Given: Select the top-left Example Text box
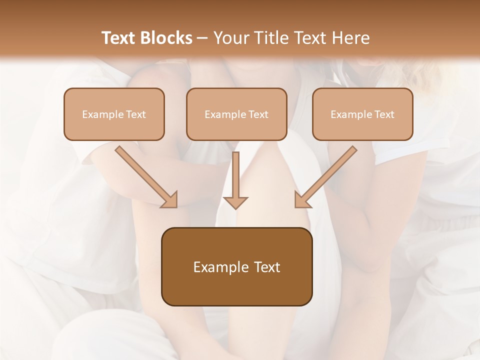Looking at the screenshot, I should click(114, 114).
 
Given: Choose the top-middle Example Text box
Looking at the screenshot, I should click(236, 114).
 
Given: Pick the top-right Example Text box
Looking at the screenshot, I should click(362, 114).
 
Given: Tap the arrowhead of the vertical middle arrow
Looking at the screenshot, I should click(235, 202).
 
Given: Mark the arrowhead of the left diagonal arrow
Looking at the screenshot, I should click(170, 200).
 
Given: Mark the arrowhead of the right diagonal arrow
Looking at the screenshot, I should click(302, 200).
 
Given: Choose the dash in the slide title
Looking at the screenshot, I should click(202, 38).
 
